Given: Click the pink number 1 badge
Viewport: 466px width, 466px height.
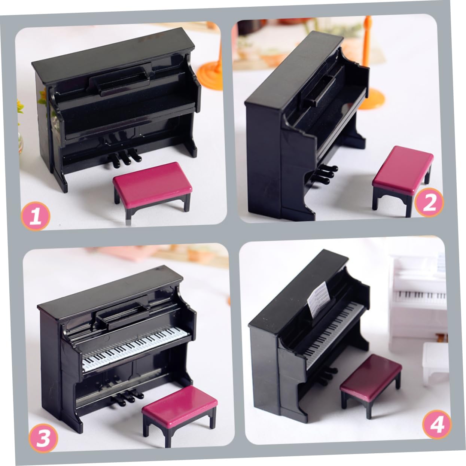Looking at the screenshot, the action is [36, 216].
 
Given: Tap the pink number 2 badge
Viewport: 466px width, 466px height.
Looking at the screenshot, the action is [429, 202].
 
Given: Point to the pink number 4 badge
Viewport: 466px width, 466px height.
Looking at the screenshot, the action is [437, 425].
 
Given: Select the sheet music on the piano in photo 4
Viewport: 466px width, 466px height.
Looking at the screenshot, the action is [319, 299].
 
